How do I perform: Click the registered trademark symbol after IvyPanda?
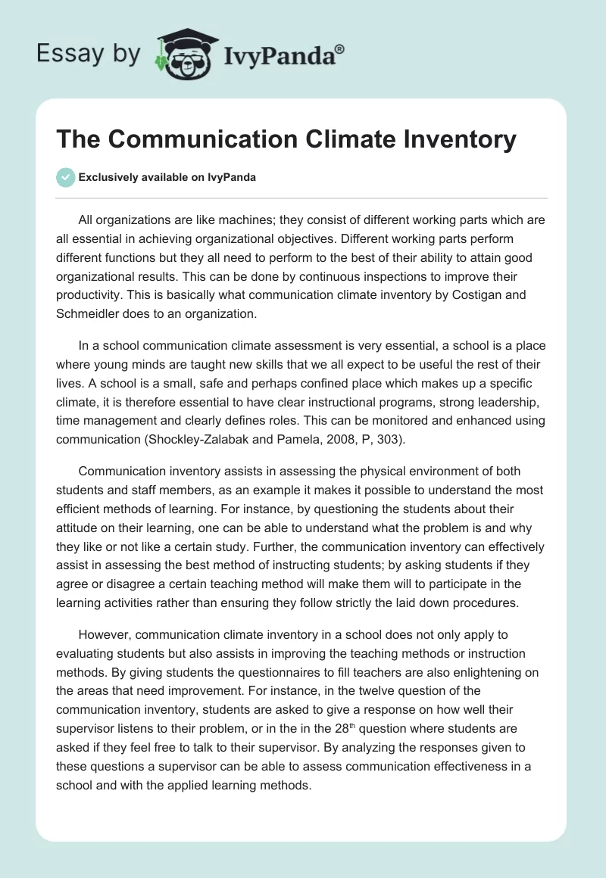coord(340,48)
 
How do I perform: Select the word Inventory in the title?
coord(448,139)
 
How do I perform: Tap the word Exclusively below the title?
coord(111,177)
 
